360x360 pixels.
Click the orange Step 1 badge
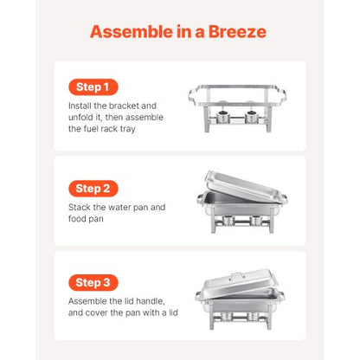click(x=93, y=87)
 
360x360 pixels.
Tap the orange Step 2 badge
click(x=93, y=188)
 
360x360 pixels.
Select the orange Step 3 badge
click(x=93, y=282)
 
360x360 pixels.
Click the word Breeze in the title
click(x=235, y=33)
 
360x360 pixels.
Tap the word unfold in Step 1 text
click(x=81, y=118)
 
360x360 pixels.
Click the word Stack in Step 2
click(x=80, y=208)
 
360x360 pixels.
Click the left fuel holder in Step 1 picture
click(x=220, y=120)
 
